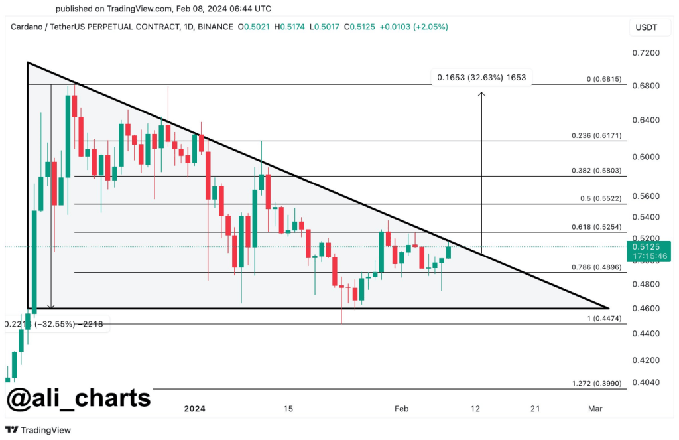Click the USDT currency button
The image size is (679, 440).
(646, 27)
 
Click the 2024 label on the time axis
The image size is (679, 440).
(194, 409)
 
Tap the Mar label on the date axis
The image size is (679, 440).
(594, 409)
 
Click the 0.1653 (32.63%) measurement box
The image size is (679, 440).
(481, 78)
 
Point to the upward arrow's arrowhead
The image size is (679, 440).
(481, 94)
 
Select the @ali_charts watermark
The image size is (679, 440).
(78, 399)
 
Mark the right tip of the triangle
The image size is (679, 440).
(608, 308)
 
